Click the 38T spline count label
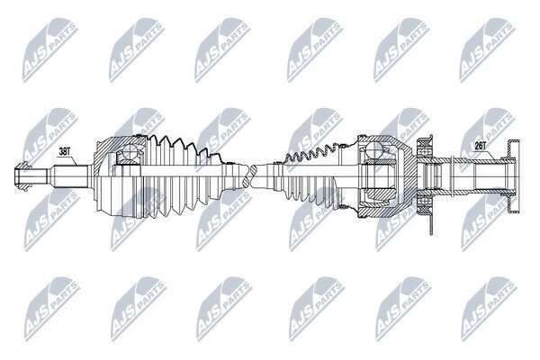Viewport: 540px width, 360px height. [x=64, y=151]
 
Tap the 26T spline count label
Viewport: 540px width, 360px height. [x=480, y=147]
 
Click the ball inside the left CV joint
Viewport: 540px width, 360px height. [x=130, y=151]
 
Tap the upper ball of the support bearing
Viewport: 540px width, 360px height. [x=424, y=150]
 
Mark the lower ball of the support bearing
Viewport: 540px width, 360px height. [x=424, y=201]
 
